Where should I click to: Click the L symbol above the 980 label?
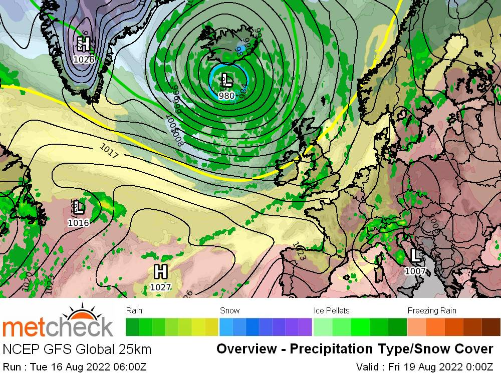click(226, 79)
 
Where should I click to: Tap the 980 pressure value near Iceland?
click(227, 96)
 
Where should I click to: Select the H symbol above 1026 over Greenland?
click(84, 44)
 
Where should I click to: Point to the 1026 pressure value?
click(83, 60)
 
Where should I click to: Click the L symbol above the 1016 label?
click(79, 207)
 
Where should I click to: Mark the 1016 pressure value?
click(79, 223)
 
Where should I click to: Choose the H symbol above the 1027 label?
click(160, 272)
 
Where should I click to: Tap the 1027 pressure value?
click(160, 287)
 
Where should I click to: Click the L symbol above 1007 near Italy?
click(415, 255)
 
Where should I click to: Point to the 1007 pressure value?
click(415, 271)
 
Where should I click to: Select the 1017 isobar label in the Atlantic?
click(109, 151)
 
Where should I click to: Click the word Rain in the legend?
click(134, 310)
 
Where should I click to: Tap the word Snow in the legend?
click(229, 310)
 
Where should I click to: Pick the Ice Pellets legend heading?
click(332, 310)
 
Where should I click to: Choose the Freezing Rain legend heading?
click(432, 310)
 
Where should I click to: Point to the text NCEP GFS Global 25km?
click(77, 349)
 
